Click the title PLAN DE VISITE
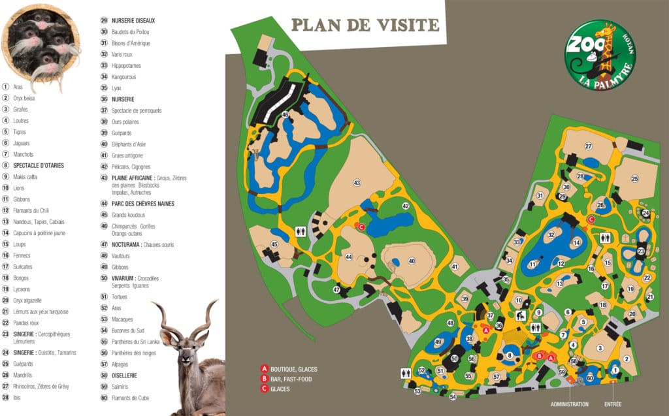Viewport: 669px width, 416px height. (365, 25)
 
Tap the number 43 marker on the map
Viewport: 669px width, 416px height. (357, 182)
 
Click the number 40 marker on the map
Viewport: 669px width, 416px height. (412, 261)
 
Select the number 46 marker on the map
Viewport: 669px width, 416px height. (285, 115)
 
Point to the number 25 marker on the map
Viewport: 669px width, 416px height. (634, 179)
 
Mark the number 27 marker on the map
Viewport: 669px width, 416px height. (589, 146)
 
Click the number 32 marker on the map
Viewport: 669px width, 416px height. (551, 234)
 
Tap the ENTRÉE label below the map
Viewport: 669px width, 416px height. (613, 405)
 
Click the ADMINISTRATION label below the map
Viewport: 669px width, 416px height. (569, 405)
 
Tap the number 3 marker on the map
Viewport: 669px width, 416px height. (600, 348)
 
